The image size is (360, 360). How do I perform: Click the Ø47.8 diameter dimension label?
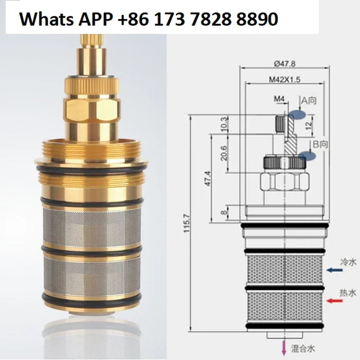(x=285, y=64)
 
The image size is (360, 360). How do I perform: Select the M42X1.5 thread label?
(x=285, y=80)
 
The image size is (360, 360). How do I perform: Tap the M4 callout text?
(x=279, y=99)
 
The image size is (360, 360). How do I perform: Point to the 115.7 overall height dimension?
(x=187, y=223)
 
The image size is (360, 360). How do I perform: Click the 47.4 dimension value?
(x=208, y=178)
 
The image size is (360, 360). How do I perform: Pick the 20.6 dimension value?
(x=224, y=153)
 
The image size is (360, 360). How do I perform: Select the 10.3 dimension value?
(x=225, y=124)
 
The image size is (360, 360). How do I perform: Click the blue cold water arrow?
(x=334, y=270)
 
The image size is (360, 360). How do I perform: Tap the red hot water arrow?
(x=334, y=300)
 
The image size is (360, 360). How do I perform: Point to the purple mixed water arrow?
(x=284, y=347)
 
